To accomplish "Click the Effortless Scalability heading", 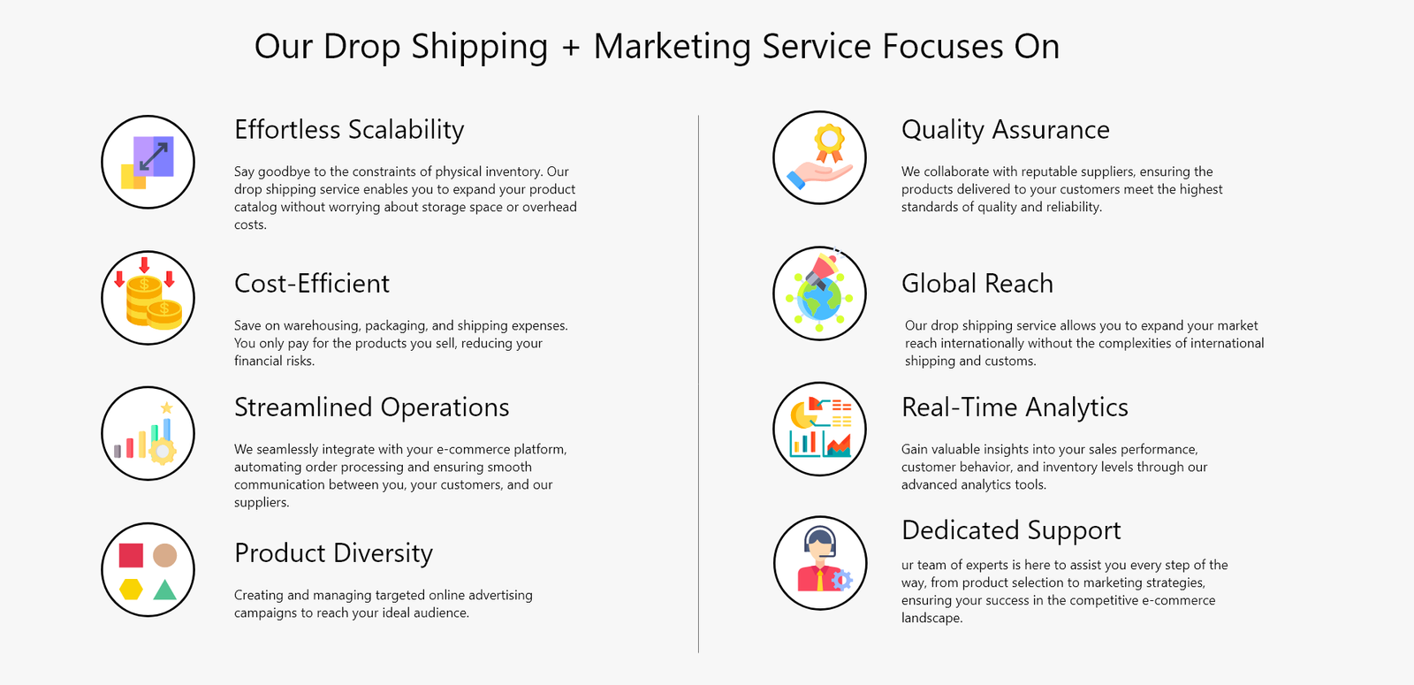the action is point(349,130).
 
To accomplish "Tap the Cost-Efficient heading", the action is point(312,284).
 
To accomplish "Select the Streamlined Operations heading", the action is point(372,407).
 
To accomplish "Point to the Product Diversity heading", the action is point(333,553).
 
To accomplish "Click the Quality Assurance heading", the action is point(1006,130).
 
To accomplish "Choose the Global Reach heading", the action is point(977,284).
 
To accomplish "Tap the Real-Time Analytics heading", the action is point(1015,407).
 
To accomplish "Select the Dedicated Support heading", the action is point(1011,530).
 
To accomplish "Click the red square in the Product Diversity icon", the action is point(131,556).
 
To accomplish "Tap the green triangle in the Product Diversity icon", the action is point(164,590).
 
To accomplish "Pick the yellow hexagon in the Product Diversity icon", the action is point(131,589).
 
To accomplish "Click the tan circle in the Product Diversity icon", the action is point(164,556).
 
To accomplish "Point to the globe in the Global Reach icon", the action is point(819,300).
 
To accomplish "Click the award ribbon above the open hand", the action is point(830,142).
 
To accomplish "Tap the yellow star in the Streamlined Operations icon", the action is point(167,407).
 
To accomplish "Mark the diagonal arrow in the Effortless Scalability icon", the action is point(154,156).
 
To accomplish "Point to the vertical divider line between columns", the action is point(698,384).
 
